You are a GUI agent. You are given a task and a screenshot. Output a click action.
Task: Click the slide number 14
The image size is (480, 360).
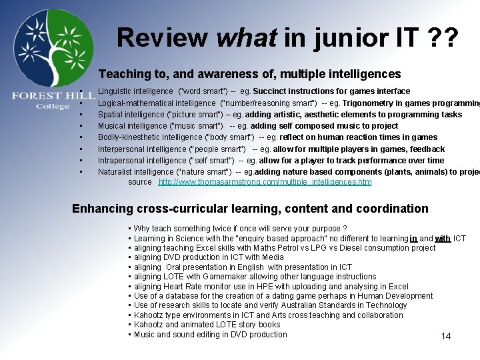click(x=446, y=336)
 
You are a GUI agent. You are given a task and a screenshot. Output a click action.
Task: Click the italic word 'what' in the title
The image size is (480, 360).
click(x=247, y=37)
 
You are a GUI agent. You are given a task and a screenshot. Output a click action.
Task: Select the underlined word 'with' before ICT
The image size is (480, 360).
click(x=443, y=239)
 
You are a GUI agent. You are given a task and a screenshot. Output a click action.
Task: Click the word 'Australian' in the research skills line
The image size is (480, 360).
click(x=329, y=305)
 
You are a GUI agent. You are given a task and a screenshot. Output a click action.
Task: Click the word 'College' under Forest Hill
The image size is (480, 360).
click(x=53, y=107)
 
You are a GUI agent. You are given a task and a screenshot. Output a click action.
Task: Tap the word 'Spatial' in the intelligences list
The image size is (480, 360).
click(x=111, y=114)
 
